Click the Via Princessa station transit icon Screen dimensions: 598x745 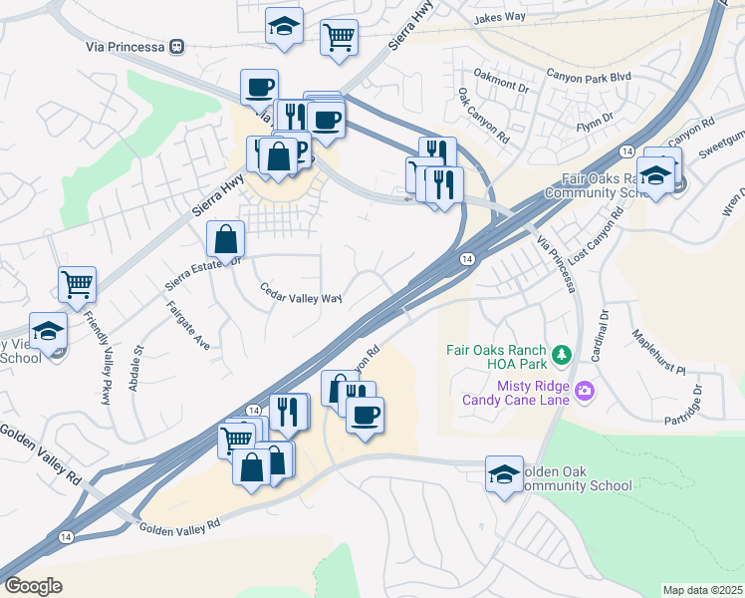click(x=177, y=46)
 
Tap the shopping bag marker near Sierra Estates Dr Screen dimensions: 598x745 click(x=226, y=238)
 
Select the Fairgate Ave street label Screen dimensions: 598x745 click(x=188, y=325)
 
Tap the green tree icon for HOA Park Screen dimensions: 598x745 click(x=561, y=355)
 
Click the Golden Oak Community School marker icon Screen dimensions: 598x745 click(x=504, y=473)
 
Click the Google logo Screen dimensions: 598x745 click(x=34, y=586)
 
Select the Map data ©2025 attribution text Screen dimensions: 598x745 click(x=702, y=590)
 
